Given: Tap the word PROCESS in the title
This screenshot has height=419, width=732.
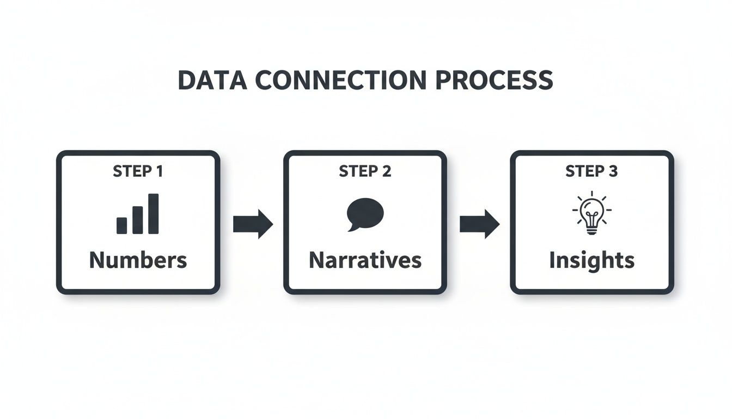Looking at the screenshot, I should click(494, 81).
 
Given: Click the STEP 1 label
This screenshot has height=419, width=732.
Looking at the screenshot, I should click(138, 171).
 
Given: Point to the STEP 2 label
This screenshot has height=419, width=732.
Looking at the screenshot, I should click(365, 171).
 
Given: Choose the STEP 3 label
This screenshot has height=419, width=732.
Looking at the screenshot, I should click(591, 171).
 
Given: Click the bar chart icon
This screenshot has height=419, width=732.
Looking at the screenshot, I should click(138, 214).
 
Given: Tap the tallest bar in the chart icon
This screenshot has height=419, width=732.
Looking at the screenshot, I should click(154, 214).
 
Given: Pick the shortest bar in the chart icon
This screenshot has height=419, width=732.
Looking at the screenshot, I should click(122, 225).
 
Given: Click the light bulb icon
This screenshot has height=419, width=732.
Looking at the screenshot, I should click(591, 214).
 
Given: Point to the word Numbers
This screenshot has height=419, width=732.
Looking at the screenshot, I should click(138, 260).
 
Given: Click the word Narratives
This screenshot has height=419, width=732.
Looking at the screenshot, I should click(365, 260).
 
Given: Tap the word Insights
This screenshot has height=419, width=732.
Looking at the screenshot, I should click(591, 260).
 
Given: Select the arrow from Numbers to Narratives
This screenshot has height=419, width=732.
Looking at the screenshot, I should click(253, 224).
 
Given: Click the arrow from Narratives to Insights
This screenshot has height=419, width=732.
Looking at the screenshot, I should click(479, 224).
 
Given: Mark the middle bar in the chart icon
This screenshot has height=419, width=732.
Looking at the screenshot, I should click(138, 220).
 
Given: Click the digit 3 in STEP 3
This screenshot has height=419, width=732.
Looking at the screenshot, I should click(613, 171).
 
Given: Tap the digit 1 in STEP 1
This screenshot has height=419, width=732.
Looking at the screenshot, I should click(158, 171).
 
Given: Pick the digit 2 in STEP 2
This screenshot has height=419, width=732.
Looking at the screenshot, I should click(386, 171).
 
